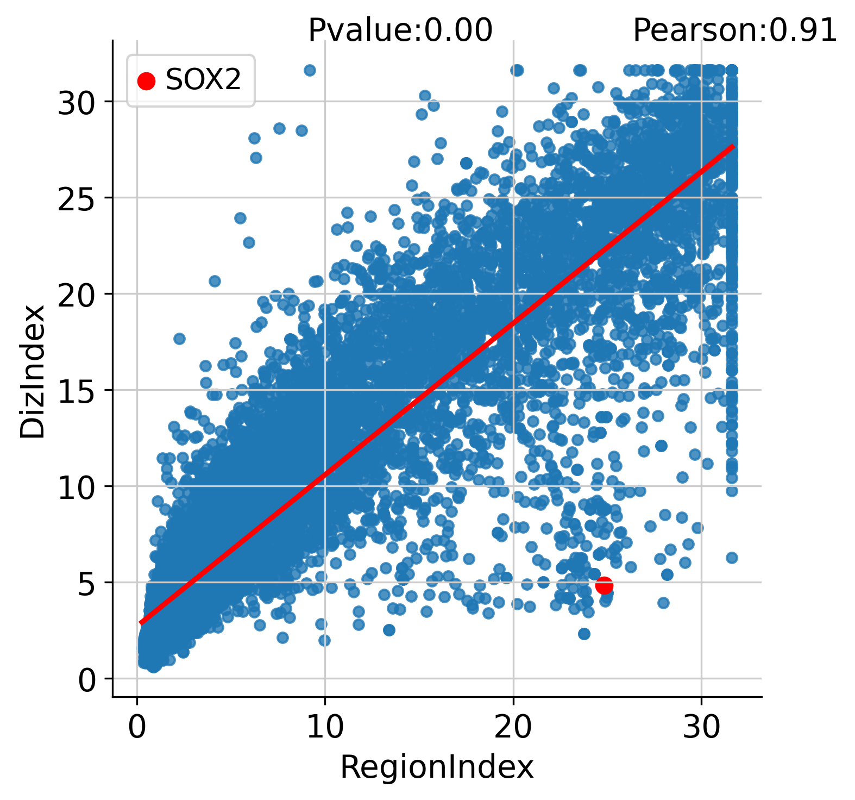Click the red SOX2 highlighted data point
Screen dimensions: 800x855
coord(604,585)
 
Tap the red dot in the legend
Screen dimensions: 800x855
coord(146,81)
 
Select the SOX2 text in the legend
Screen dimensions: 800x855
coord(203,80)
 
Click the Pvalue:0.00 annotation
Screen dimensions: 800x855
coord(400,30)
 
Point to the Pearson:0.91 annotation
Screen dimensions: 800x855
coord(735,30)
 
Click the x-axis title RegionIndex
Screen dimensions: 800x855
coord(437,767)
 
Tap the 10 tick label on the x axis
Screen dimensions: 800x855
coord(325,727)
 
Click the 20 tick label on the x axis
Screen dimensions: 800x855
coord(513,727)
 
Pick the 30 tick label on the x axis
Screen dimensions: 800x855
coord(701,727)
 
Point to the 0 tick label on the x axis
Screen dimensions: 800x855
coord(137,727)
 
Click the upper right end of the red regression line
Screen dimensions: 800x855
coord(733,146)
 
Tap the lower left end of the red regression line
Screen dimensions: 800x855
coord(141,623)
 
